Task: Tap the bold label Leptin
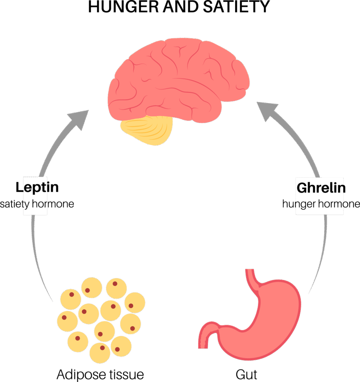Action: pos(37,187)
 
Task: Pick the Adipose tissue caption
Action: pos(100,374)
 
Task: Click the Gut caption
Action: pos(246,374)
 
